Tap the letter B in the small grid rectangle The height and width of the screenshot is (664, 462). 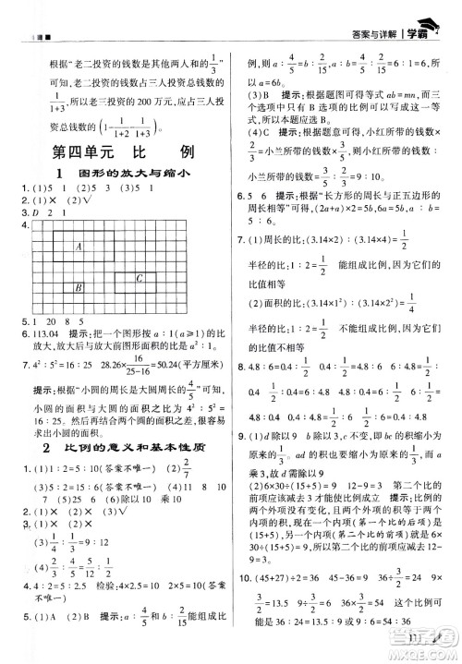[x=79, y=287]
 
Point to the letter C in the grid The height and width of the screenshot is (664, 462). [x=140, y=278]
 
